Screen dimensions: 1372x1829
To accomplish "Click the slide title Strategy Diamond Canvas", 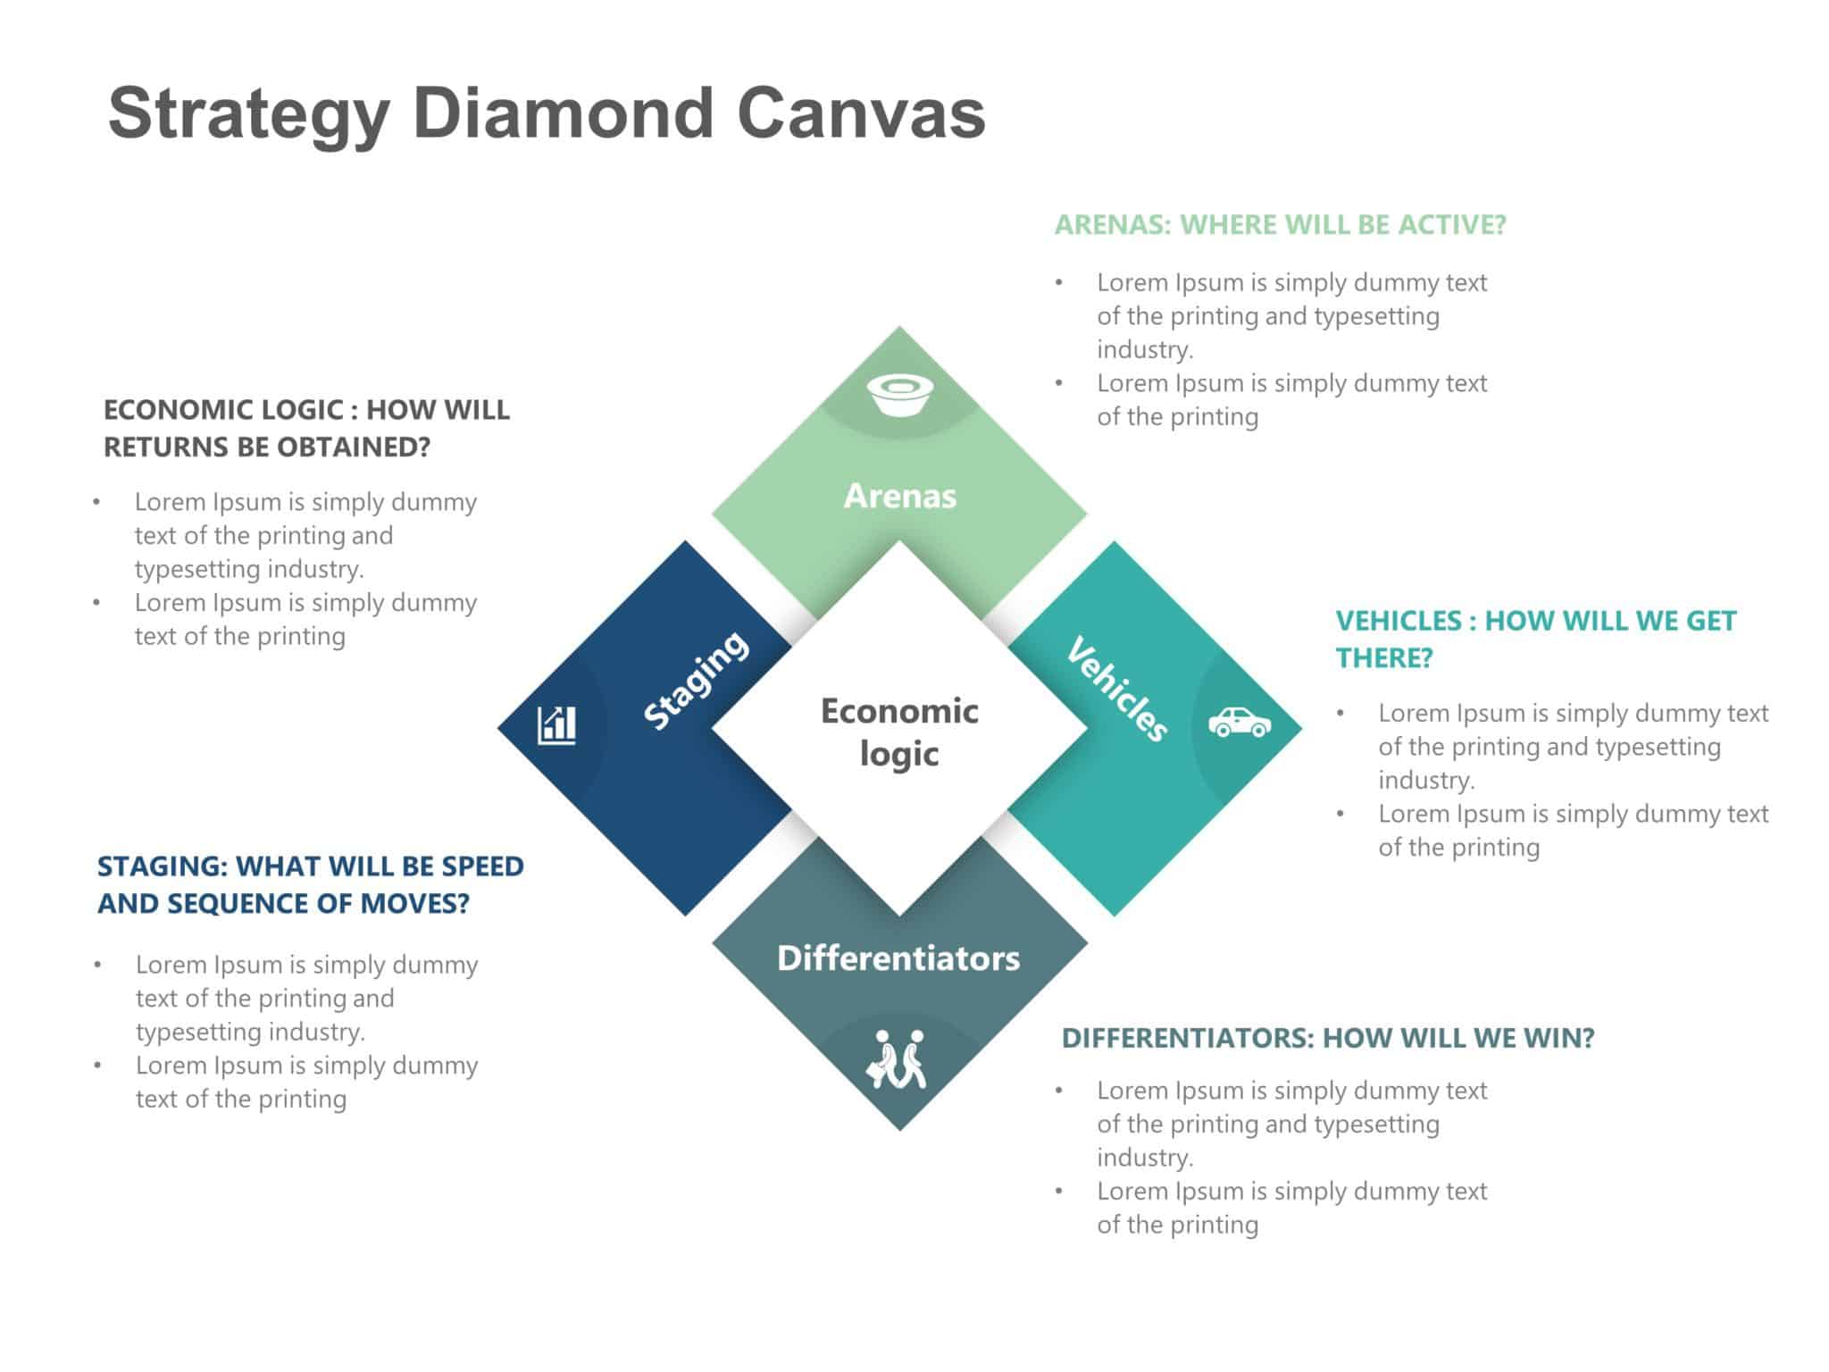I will [546, 113].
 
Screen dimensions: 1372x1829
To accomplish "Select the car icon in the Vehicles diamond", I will [1239, 722].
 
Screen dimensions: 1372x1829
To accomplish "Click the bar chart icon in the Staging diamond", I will [556, 724].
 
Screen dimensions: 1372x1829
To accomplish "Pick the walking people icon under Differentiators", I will [897, 1059].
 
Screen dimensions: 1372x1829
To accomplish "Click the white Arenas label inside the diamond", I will [899, 496].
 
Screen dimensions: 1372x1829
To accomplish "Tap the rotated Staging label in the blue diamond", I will [696, 680].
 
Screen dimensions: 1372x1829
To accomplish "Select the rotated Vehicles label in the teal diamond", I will [1117, 689].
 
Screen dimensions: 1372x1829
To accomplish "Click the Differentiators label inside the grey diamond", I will [898, 958].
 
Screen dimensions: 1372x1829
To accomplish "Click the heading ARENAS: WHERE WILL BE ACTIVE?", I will [1280, 224].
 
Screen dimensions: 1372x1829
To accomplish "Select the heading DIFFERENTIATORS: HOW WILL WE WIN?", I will [1327, 1038].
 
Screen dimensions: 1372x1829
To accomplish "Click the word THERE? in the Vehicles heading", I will [1383, 658].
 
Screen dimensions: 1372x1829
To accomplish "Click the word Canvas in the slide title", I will [861, 113].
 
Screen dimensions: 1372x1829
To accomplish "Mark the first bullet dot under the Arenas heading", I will [1059, 283].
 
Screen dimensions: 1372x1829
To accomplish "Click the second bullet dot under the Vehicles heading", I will [1340, 814].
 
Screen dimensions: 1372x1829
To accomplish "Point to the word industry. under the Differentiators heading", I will [1145, 1158].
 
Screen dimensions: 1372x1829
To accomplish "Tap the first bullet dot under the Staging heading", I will [97, 965].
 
